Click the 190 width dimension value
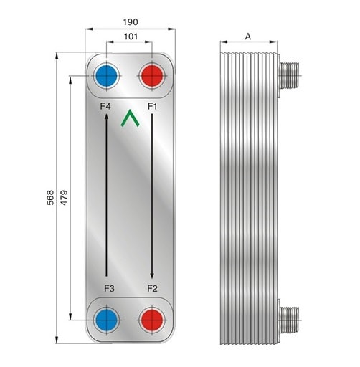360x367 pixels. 131,22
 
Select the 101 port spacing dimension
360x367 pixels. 131,37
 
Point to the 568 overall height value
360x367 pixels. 50,198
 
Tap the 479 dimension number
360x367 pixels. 64,198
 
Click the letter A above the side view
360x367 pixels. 248,37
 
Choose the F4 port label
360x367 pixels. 105,106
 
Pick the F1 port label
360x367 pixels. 152,106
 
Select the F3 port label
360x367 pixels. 109,289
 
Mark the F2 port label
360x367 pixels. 152,289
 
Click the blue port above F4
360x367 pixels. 107,76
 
